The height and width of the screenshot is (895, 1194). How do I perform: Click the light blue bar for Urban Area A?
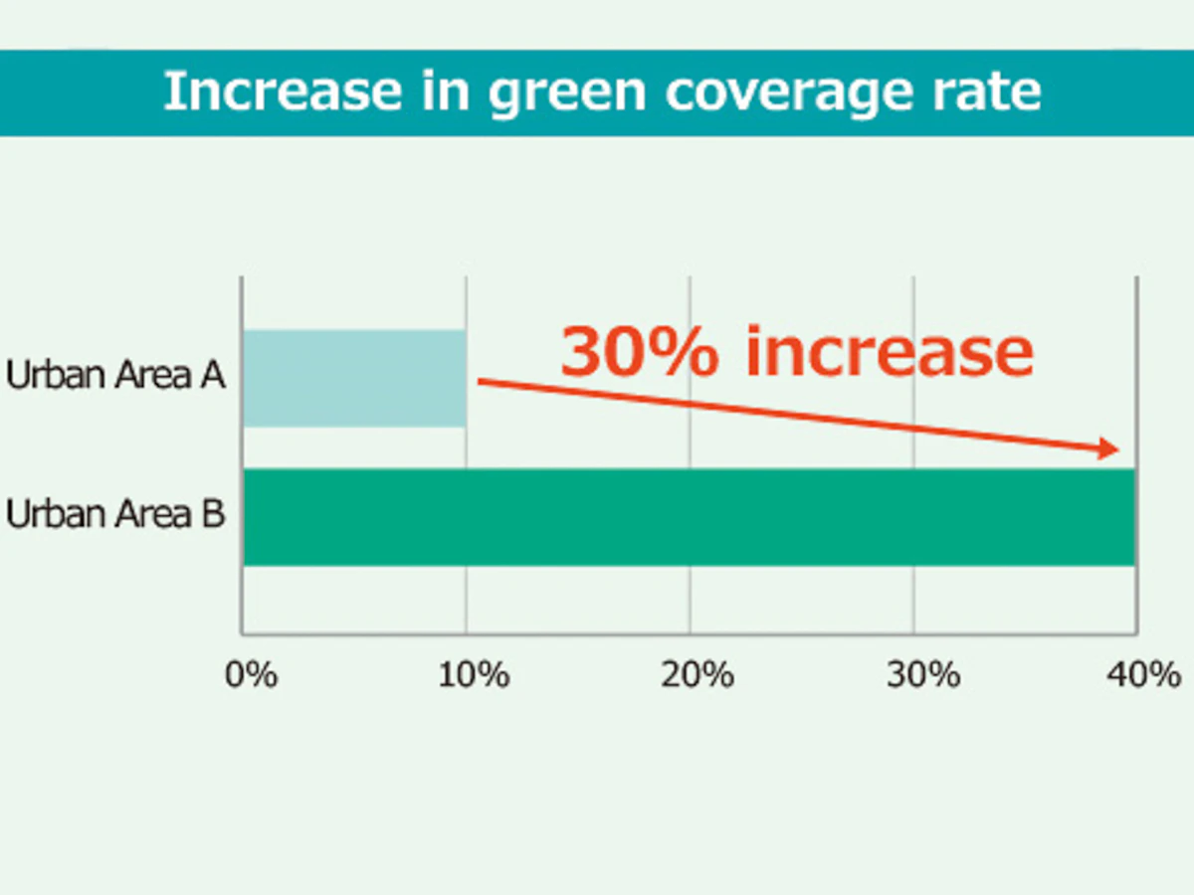coord(354,378)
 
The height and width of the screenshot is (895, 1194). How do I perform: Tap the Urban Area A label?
coord(115,377)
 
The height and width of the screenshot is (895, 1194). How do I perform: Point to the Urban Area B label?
coord(115,516)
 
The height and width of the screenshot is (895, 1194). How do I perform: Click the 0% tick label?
coord(251,675)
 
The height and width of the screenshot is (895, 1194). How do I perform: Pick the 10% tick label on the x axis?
coord(474,675)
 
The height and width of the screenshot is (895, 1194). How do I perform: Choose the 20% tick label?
coord(697,675)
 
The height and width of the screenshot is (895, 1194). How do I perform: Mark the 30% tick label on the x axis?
coord(923,675)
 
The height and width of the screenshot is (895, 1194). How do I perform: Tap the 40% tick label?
coord(1144,675)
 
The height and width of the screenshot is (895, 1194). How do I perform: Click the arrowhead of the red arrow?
coord(1109,450)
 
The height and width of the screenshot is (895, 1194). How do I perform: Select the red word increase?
coord(890,352)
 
